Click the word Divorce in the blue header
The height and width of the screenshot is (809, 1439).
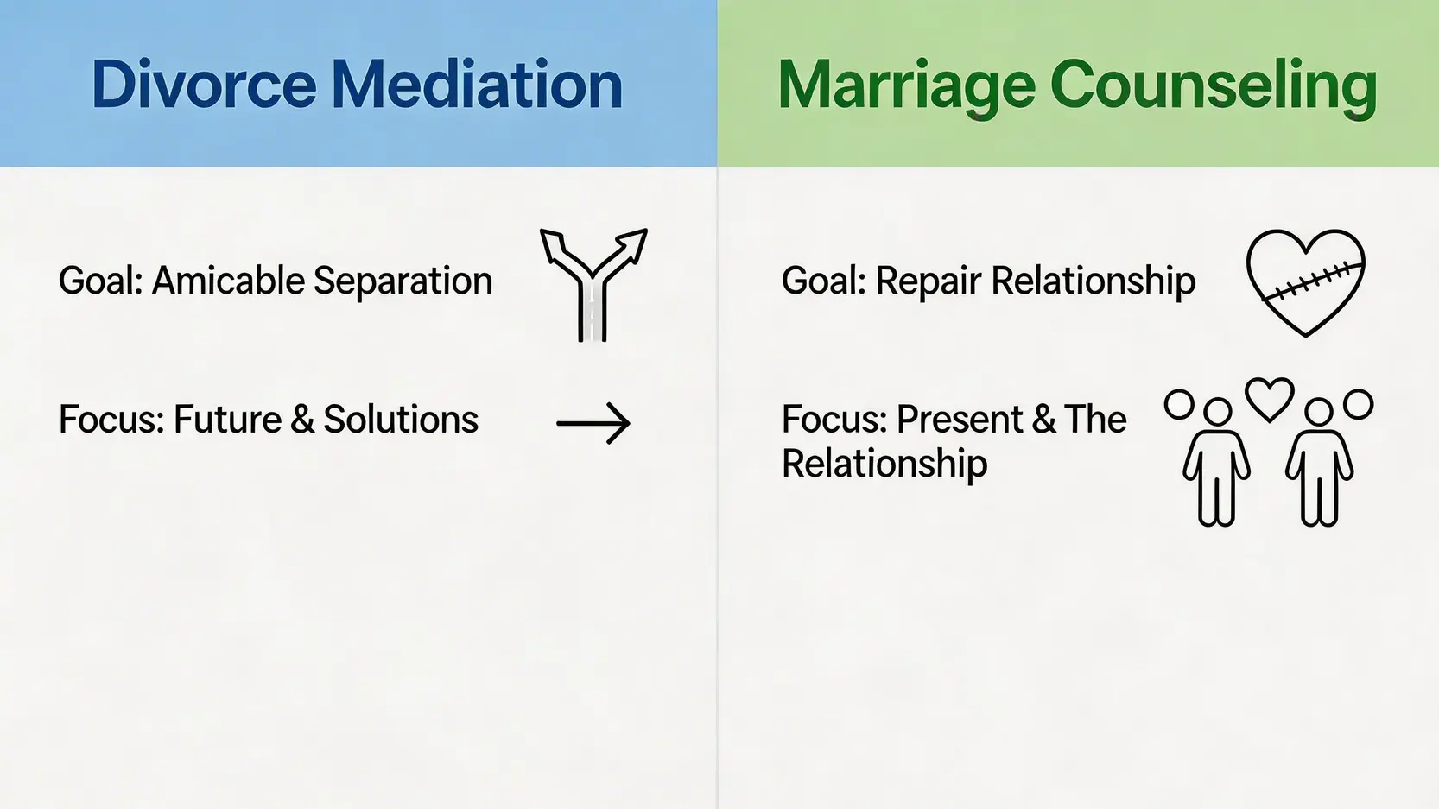click(x=204, y=85)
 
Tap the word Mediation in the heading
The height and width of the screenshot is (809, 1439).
click(x=478, y=85)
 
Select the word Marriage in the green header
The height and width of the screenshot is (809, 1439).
click(x=906, y=90)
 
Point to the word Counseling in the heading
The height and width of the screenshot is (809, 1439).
click(x=1214, y=90)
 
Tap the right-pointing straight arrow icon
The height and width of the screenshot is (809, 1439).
click(x=593, y=423)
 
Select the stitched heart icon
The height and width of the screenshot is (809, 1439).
click(x=1305, y=282)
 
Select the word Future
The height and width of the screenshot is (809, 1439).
click(x=227, y=420)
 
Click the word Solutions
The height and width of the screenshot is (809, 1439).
click(x=401, y=420)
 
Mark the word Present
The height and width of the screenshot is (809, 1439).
click(x=959, y=420)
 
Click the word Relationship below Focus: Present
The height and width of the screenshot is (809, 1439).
click(x=884, y=465)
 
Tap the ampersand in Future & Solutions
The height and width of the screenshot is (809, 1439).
click(x=302, y=420)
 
